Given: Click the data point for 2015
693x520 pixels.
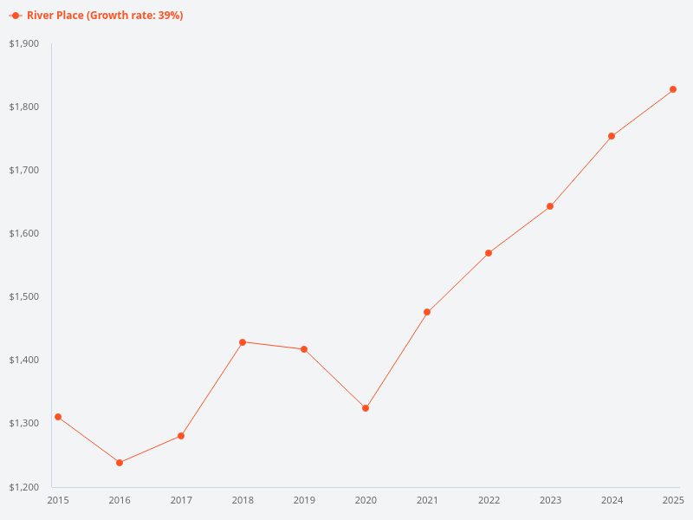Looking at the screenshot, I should coord(58,417).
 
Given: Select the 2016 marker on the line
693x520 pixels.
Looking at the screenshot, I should coord(120,463).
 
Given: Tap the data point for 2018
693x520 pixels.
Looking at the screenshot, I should coord(243,342).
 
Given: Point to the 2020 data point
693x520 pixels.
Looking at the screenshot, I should coord(366,408).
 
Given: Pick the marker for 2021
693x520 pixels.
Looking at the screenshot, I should coord(427,312).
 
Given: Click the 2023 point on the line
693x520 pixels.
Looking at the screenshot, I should coord(550,206).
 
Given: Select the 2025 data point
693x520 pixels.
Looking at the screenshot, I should coord(673,89).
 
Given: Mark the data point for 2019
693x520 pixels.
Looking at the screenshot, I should coord(304,349).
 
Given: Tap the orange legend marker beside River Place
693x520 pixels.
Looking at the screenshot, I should coord(16,16).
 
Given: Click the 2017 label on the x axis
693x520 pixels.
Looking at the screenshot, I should coord(181,500).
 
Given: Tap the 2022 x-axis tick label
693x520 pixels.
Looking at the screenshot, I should coord(489,500).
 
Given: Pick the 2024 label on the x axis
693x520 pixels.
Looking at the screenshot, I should coord(612,500).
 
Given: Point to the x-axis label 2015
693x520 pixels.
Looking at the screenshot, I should coord(58,500).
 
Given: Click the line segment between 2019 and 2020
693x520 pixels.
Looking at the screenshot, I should coord(335,379).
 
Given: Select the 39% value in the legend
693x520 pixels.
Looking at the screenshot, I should coord(169,16).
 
